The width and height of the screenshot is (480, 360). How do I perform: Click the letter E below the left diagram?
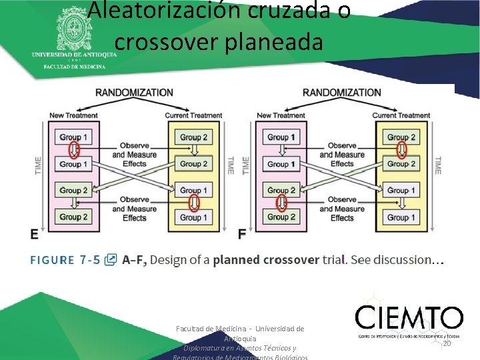point(34,234)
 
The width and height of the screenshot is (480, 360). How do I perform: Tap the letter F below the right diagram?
point(242,234)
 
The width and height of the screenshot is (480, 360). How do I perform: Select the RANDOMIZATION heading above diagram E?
point(134,92)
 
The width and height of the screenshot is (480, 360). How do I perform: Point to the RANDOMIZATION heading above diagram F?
point(341,92)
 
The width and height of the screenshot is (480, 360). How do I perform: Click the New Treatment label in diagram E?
point(73,115)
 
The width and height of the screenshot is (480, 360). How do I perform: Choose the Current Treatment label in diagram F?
point(401,115)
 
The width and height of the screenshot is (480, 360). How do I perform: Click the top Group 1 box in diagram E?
point(73,137)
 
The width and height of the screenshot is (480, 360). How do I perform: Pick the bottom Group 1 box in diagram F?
point(401,217)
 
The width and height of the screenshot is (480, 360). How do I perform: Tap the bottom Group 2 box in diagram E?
point(73,217)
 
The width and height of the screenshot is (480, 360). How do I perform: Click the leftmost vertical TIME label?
point(38,167)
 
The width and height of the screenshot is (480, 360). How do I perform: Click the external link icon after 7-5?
point(111,259)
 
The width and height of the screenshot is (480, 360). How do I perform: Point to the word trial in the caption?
point(333,259)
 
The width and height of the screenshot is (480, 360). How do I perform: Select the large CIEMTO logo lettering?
point(409,318)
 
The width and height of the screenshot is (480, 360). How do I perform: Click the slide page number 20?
point(447,343)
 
